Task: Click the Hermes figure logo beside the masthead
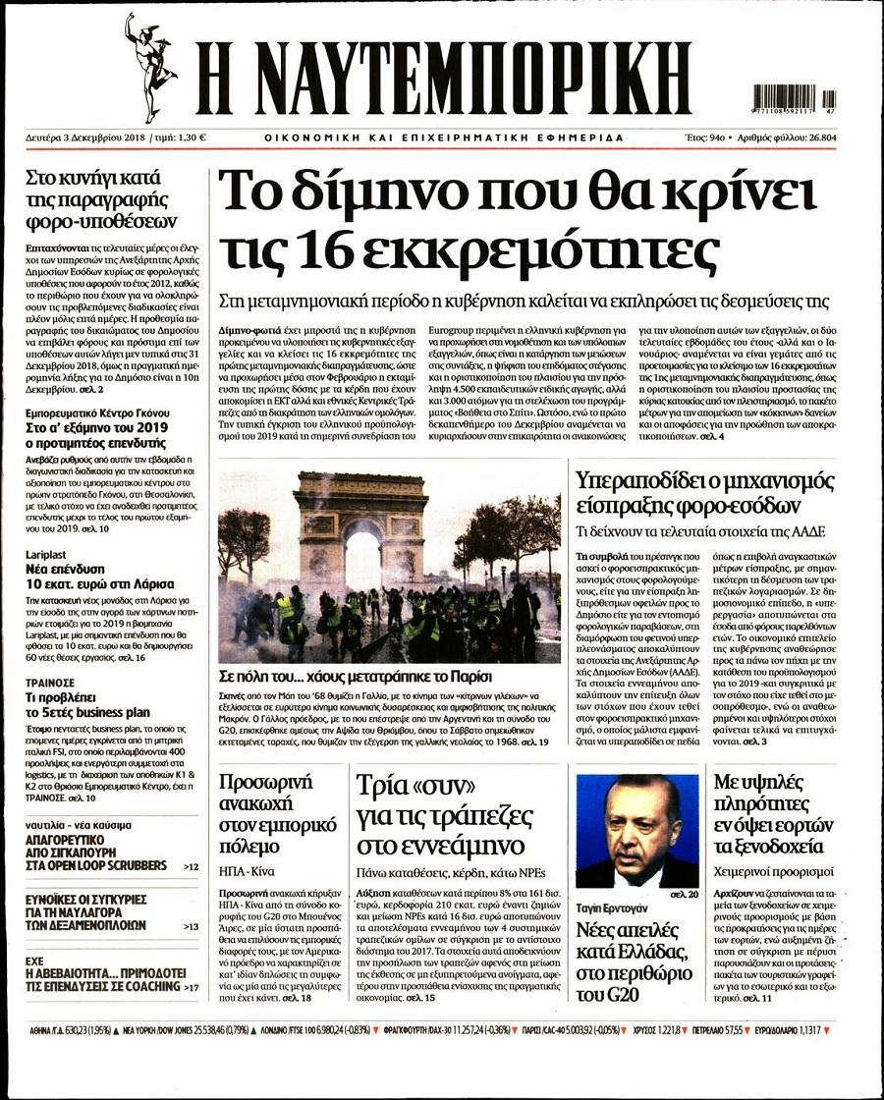point(149,67)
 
